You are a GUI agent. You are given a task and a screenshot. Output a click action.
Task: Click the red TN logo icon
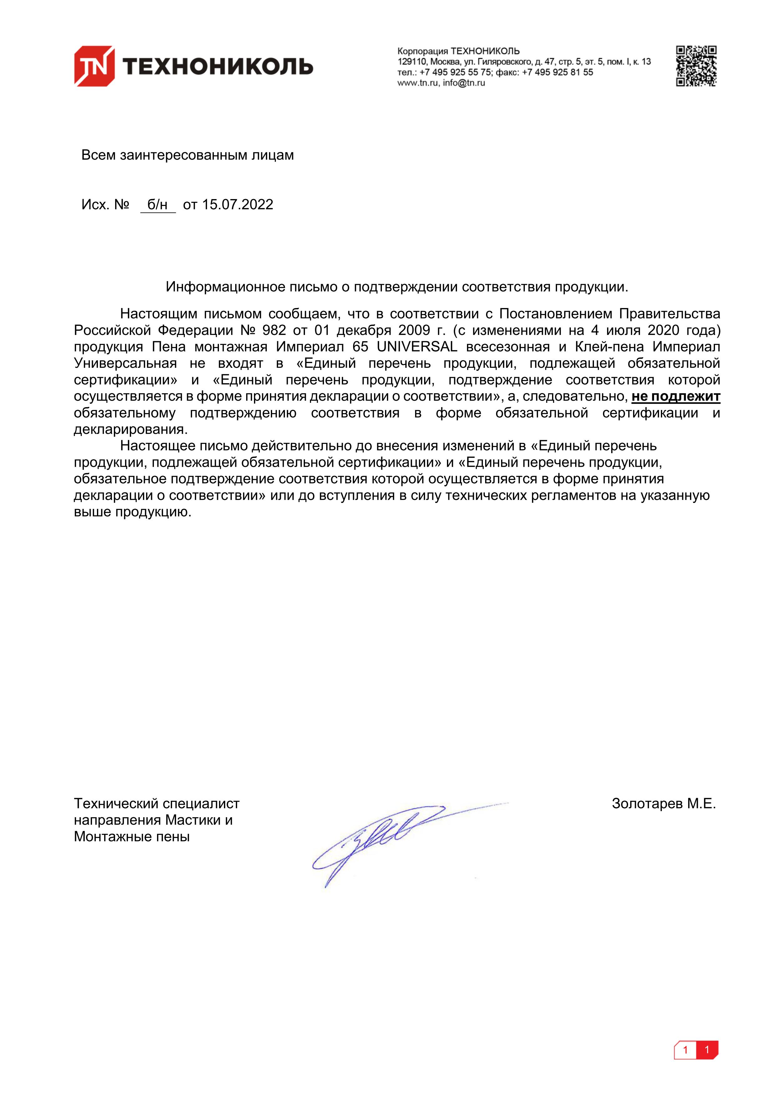pos(94,66)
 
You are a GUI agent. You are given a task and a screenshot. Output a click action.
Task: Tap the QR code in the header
pos(696,66)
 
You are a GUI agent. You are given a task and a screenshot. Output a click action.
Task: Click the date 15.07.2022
pos(237,205)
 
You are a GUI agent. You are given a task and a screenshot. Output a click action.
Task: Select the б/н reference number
pos(157,205)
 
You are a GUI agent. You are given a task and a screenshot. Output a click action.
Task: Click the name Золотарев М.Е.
pos(664,804)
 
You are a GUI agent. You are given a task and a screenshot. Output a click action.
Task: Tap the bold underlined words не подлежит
pos(676,397)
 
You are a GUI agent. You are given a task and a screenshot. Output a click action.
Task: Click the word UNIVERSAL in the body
pos(417,347)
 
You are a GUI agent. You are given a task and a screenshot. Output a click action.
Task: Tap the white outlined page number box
pos(685,1064)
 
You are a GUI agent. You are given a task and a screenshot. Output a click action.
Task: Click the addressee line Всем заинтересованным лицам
pos(187,156)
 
